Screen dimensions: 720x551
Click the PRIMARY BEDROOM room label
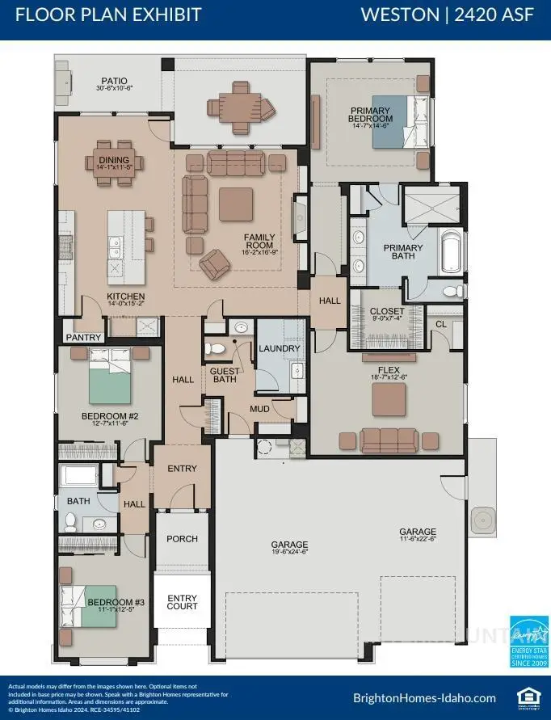coord(370,115)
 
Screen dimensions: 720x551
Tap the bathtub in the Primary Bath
coord(451,252)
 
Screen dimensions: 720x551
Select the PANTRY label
coord(84,337)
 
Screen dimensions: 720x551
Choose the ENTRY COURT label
coord(182,601)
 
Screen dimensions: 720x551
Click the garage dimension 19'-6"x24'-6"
coord(289,554)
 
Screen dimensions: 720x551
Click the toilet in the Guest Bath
coord(215,349)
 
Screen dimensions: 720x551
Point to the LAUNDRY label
coord(280,348)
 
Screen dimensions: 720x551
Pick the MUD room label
coord(259,409)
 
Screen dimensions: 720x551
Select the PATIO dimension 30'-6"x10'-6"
coord(114,89)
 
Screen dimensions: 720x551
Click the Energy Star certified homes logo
coord(529,638)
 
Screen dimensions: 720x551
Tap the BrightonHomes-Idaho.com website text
coord(424,697)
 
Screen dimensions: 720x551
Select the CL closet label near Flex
coord(440,324)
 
